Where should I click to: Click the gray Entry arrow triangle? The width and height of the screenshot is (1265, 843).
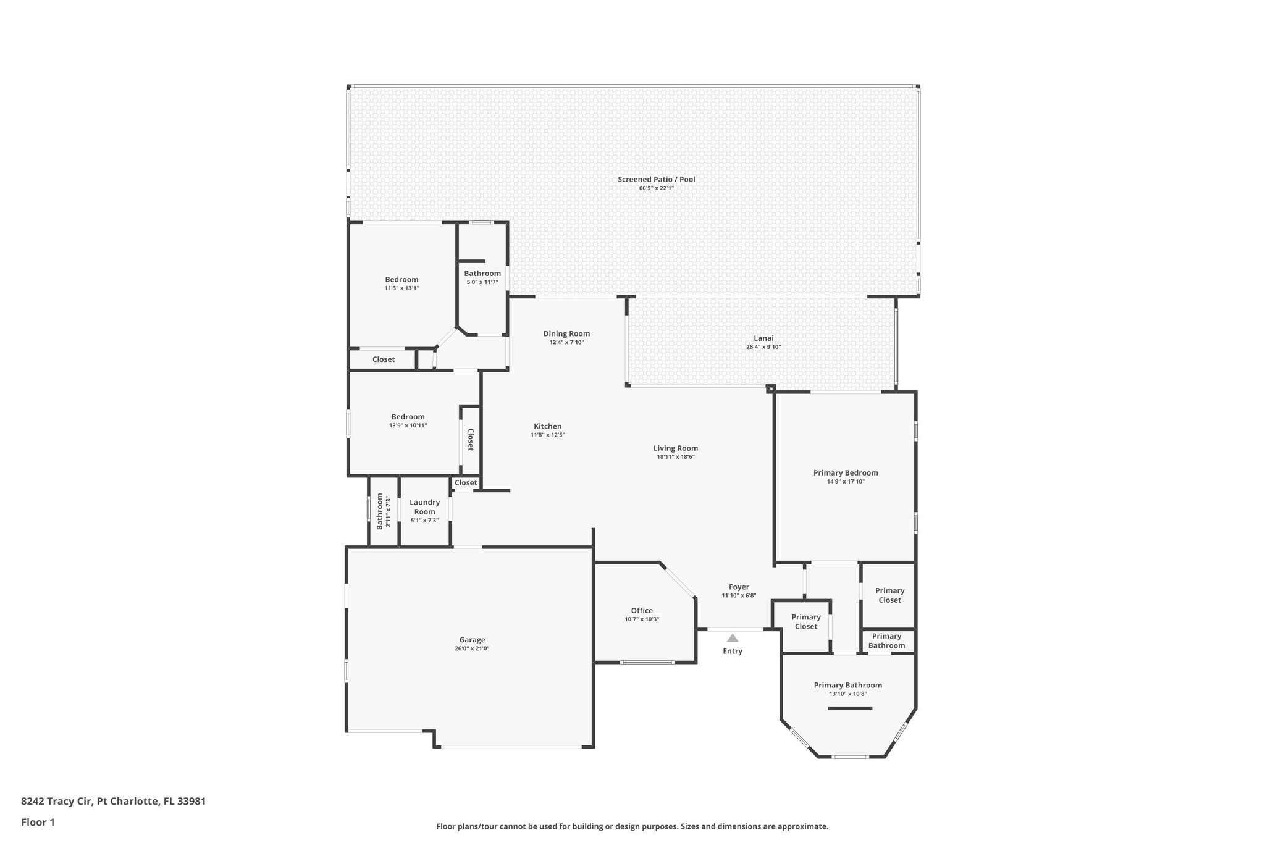(x=732, y=638)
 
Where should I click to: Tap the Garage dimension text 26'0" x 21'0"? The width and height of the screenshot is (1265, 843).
(x=472, y=648)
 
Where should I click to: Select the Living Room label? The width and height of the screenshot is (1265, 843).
(x=676, y=448)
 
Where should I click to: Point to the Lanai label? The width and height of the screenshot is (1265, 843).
(x=763, y=338)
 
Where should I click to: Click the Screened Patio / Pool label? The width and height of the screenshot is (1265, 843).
(x=657, y=180)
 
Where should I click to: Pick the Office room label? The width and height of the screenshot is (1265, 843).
(x=642, y=611)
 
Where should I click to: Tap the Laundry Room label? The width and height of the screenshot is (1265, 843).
(x=424, y=507)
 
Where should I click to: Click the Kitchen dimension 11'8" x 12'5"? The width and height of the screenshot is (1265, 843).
(x=548, y=435)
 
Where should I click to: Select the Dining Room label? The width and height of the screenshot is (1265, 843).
(x=566, y=333)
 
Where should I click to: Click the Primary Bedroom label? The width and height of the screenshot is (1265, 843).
(x=846, y=473)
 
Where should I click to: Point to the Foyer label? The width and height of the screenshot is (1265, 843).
(x=739, y=587)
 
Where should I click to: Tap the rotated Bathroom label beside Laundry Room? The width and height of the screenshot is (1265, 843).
(x=380, y=512)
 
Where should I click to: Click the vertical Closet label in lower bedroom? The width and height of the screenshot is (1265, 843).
(x=470, y=439)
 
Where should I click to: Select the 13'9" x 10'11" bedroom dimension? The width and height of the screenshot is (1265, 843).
(x=408, y=426)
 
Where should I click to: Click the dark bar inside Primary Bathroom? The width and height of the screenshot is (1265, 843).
(x=849, y=708)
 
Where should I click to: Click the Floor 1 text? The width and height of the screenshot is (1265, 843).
(x=38, y=822)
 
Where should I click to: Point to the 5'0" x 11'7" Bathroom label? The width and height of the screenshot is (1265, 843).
(x=482, y=274)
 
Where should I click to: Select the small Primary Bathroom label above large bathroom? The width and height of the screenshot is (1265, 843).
(x=886, y=641)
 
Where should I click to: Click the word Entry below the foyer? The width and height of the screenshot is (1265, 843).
(x=733, y=651)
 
